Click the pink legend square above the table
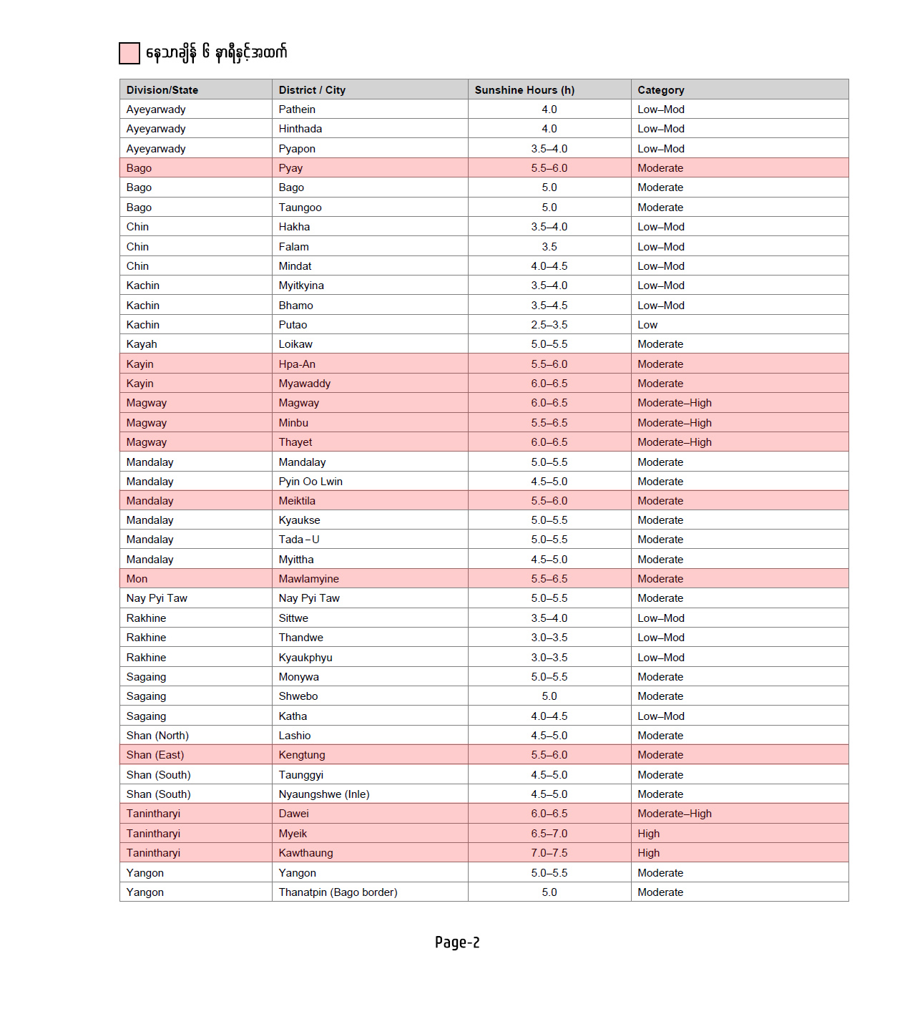point(129,53)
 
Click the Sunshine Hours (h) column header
point(524,90)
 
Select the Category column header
point(661,90)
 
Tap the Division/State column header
point(162,90)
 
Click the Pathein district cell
point(297,109)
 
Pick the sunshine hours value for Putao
point(549,325)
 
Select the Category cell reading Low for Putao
point(647,325)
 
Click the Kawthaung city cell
point(305,853)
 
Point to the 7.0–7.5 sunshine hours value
point(549,853)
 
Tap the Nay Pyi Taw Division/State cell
point(157,598)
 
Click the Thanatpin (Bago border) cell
point(338,892)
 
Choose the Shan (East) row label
point(155,755)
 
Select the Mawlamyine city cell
point(309,579)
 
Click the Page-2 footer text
point(457,942)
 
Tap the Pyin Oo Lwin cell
point(310,482)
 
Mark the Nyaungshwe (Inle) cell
point(324,794)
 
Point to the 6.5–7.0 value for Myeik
point(549,834)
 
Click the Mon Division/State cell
point(137,579)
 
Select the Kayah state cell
point(142,344)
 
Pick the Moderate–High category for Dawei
point(675,814)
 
